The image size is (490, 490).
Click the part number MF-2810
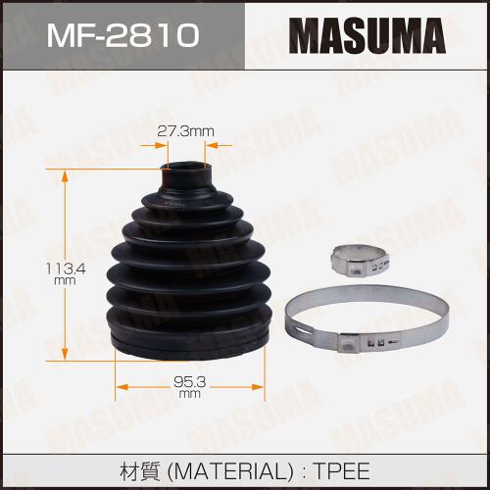point(123,34)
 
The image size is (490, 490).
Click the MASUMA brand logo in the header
point(367,35)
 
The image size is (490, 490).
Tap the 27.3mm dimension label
point(185,131)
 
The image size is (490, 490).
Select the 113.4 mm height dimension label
point(66,273)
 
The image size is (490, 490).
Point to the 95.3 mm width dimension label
point(189,386)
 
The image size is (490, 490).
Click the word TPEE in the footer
point(341,471)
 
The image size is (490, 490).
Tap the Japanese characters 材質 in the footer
point(139,471)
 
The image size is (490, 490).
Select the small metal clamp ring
point(361,262)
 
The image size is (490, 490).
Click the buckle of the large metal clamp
point(349,344)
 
